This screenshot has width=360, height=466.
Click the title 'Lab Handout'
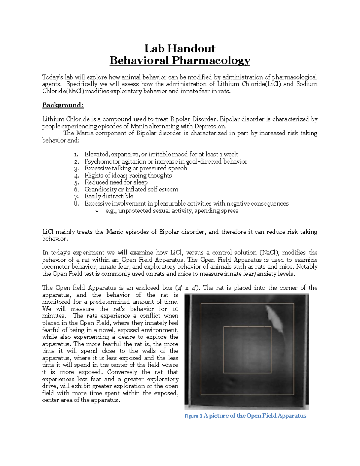tap(180, 48)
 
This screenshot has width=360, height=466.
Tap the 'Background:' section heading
tap(63, 105)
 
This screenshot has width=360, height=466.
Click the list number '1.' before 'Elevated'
tap(76, 155)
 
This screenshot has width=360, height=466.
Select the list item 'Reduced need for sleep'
tap(116, 182)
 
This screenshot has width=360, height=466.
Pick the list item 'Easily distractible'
tap(109, 196)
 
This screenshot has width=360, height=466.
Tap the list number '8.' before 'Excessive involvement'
tap(76, 203)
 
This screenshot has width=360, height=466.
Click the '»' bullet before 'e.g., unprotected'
tap(97, 211)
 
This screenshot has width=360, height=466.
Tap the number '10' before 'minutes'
tap(175, 309)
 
